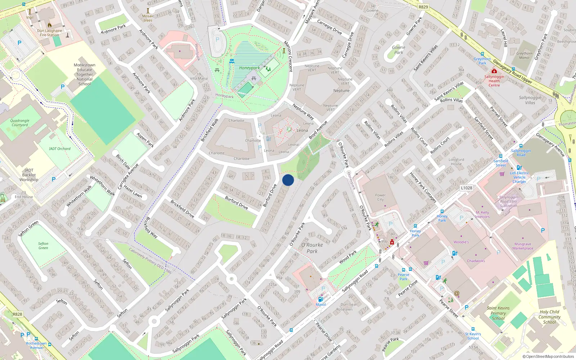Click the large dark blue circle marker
pyautogui.click(x=288, y=180)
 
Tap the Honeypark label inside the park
pyautogui.click(x=249, y=68)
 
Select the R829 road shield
pyautogui.click(x=423, y=7)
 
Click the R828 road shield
pyautogui.click(x=17, y=314)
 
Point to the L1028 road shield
pyautogui.click(x=466, y=188)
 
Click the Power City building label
pyautogui.click(x=380, y=197)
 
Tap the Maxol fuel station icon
pyautogui.click(x=320, y=299)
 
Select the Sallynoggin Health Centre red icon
pyautogui.click(x=494, y=71)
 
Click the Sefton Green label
pyautogui.click(x=43, y=246)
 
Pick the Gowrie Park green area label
pyautogui.click(x=398, y=50)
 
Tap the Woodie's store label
pyautogui.click(x=461, y=242)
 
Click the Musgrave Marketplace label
pyautogui.click(x=523, y=246)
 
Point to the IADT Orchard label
pyautogui.click(x=60, y=148)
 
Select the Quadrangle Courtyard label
pyautogui.click(x=20, y=123)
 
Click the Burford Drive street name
pyautogui.click(x=236, y=202)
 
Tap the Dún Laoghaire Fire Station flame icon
pyautogui.click(x=50, y=25)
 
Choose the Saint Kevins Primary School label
pyautogui.click(x=498, y=313)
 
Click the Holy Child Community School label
pyautogui.click(x=549, y=317)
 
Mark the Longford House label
pyautogui.click(x=456, y=162)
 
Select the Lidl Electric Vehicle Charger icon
pyautogui.click(x=519, y=167)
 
